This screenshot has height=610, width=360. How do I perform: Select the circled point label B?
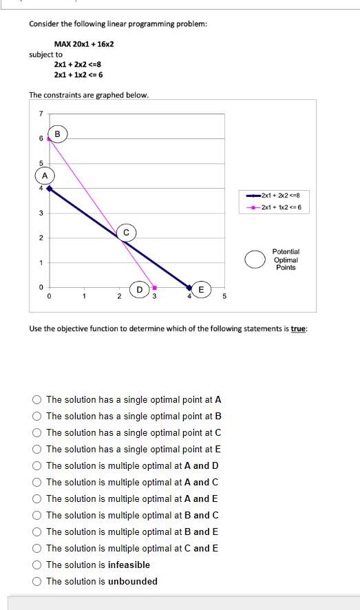(x=58, y=134)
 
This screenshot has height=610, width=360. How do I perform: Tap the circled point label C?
(x=126, y=232)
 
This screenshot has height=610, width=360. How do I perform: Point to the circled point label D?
(x=140, y=290)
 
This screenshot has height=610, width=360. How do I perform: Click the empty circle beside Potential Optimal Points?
(x=255, y=259)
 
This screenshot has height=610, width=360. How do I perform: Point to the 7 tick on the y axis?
(x=41, y=114)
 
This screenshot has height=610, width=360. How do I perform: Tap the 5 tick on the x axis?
(x=224, y=297)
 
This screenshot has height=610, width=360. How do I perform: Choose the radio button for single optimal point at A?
(x=36, y=399)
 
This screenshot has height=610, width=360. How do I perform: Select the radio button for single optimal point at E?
(x=36, y=449)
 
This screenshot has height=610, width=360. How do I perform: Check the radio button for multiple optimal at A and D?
(x=36, y=465)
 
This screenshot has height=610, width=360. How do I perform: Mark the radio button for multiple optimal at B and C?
(x=36, y=515)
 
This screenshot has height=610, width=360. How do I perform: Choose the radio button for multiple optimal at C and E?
(x=36, y=548)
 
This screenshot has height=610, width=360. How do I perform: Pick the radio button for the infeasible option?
(x=36, y=565)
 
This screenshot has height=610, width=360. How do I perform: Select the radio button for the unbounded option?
(x=36, y=581)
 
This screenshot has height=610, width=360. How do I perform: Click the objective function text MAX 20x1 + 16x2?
(x=84, y=44)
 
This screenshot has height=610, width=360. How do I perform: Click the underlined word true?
(x=297, y=329)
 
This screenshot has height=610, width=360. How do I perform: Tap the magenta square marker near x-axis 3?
(x=155, y=287)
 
